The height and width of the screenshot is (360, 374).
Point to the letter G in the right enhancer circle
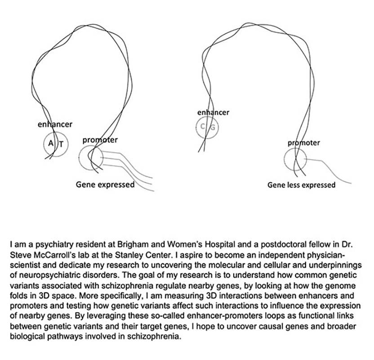(x=213, y=127)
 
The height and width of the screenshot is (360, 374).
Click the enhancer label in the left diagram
(x=54, y=124)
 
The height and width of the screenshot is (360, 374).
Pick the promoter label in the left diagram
(x=100, y=140)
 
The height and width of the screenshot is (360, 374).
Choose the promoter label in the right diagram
(x=304, y=143)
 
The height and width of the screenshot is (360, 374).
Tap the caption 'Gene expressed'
(x=105, y=184)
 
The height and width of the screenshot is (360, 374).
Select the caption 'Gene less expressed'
(x=301, y=185)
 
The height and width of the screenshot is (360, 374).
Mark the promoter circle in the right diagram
(x=295, y=160)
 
